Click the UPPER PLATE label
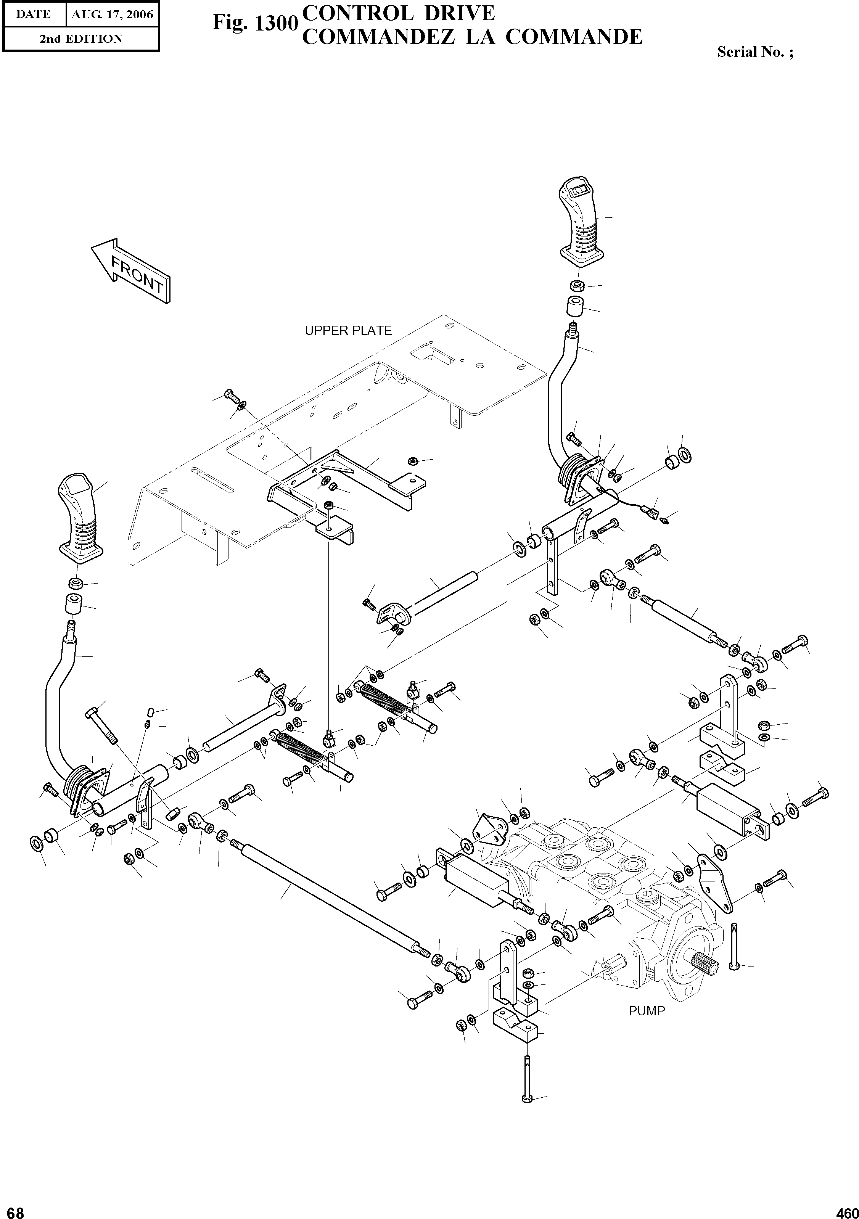tap(348, 331)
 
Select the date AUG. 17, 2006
tap(112, 14)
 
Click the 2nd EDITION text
tap(81, 39)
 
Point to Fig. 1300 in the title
tap(253, 23)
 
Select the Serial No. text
tap(754, 52)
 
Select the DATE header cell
tap(33, 14)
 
